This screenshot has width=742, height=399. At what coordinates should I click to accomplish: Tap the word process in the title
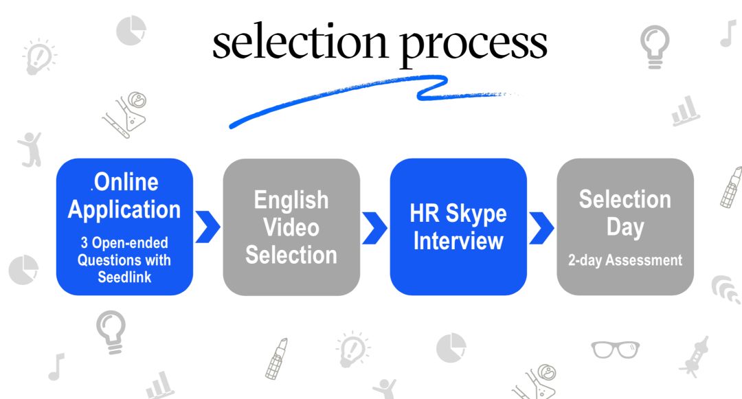click(x=474, y=43)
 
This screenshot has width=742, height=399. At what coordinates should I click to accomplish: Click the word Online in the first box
click(x=126, y=182)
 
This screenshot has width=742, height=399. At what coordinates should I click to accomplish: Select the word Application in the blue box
click(x=124, y=209)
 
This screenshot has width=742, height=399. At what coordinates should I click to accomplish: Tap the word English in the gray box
click(x=291, y=200)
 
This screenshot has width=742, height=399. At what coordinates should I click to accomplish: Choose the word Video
click(x=291, y=227)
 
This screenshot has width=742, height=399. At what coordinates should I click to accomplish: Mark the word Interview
click(x=458, y=241)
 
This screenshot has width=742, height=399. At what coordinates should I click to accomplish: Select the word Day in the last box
click(x=625, y=227)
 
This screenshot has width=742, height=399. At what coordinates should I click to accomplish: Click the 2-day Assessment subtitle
click(x=625, y=260)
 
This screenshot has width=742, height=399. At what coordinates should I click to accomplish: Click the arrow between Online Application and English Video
click(x=207, y=227)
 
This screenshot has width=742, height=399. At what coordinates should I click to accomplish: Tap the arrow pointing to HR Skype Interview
click(x=374, y=227)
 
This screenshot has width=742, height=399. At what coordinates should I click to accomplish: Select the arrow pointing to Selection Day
click(x=541, y=227)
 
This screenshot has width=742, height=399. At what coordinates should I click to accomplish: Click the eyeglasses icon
click(x=614, y=348)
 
